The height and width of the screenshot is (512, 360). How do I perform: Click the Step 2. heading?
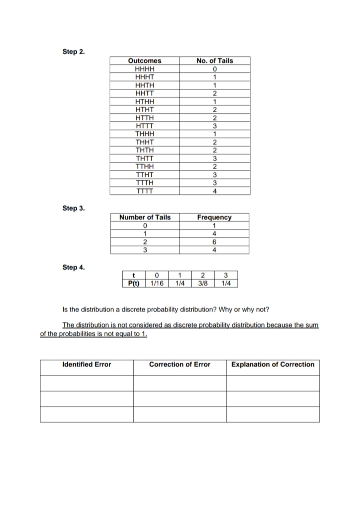pyautogui.click(x=74, y=52)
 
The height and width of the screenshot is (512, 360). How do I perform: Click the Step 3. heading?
pyautogui.click(x=74, y=208)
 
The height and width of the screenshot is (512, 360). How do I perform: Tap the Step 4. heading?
pyautogui.click(x=74, y=267)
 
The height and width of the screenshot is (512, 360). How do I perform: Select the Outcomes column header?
pyautogui.click(x=144, y=61)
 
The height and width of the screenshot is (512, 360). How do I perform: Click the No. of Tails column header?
pyautogui.click(x=214, y=61)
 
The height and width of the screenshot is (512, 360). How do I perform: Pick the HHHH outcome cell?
pyautogui.click(x=144, y=69)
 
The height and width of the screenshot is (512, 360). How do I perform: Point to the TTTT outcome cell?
pyautogui.click(x=144, y=191)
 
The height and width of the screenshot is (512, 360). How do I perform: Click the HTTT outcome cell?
pyautogui.click(x=144, y=126)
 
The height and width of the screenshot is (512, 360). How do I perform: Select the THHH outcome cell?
pyautogui.click(x=144, y=134)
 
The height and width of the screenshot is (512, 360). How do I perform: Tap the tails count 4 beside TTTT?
pyautogui.click(x=214, y=191)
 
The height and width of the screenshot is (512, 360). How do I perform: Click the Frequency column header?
pyautogui.click(x=214, y=217)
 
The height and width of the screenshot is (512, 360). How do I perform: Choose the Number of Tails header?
pyautogui.click(x=145, y=217)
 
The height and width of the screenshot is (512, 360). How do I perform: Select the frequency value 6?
pyautogui.click(x=214, y=242)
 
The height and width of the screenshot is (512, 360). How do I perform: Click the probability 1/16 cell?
pyautogui.click(x=157, y=283)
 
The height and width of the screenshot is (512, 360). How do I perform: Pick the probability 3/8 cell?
pyautogui.click(x=203, y=283)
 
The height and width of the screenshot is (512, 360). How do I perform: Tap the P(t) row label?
pyautogui.click(x=133, y=283)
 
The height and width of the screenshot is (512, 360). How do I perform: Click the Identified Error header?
pyautogui.click(x=86, y=364)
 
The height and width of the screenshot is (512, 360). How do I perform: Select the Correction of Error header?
pyautogui.click(x=180, y=364)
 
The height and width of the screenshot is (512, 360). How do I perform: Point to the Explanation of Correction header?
pyautogui.click(x=273, y=364)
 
